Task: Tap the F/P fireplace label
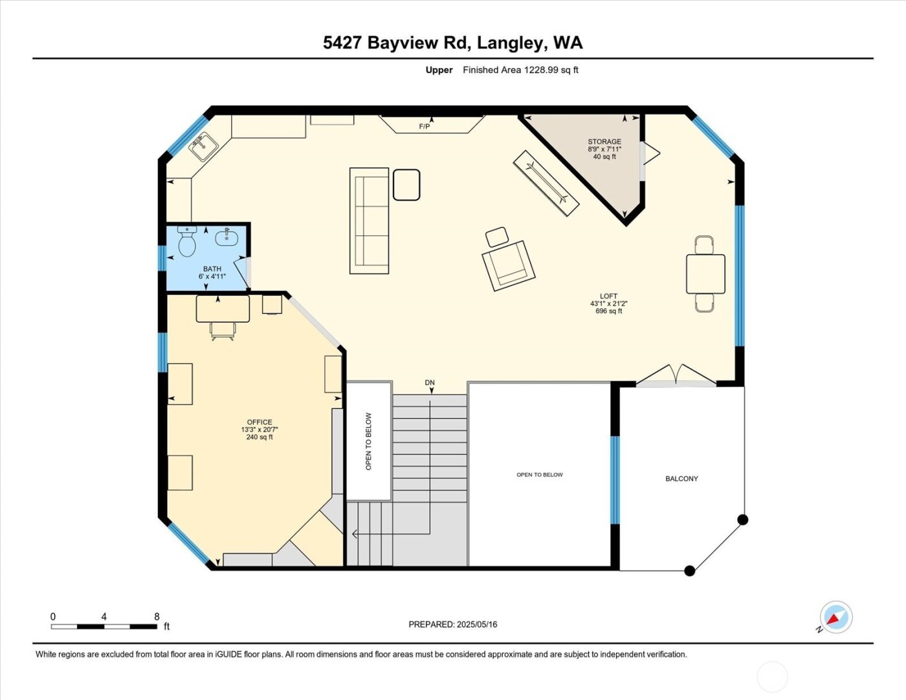point(425,126)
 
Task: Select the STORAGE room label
point(604,142)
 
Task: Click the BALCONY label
point(681,479)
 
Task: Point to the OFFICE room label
point(260,422)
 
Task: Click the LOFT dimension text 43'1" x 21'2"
point(608,303)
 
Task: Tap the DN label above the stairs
point(430,383)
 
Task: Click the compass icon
point(835,617)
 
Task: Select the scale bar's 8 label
point(157,617)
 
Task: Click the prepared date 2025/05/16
point(476,624)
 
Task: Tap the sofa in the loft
point(370,221)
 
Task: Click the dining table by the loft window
point(705,274)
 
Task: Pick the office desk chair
point(223,331)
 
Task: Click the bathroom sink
point(226,237)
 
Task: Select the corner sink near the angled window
point(203,147)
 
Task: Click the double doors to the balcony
point(676,377)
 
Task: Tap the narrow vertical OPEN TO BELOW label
point(369,441)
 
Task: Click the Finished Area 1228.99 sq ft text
point(520,70)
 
